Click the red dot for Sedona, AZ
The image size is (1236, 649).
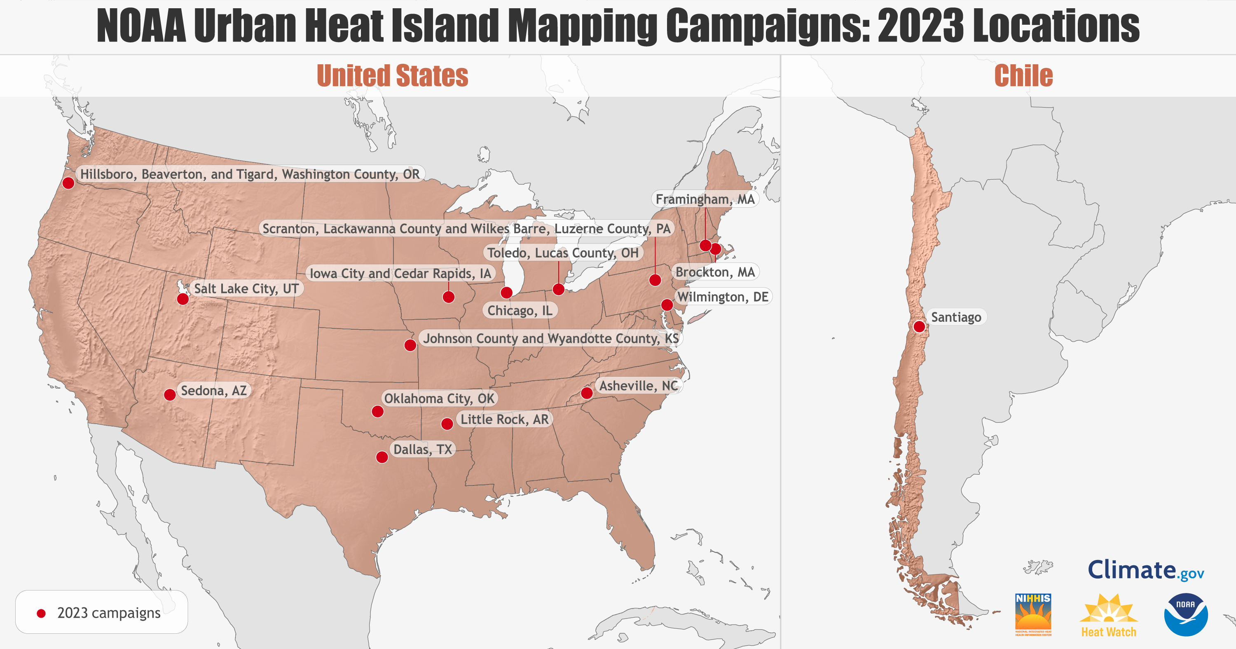(170, 395)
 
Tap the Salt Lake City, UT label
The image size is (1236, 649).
(246, 288)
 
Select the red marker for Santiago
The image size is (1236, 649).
(919, 326)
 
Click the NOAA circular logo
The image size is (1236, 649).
(1186, 614)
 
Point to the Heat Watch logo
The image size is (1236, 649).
(1108, 615)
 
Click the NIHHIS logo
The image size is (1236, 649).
(1033, 614)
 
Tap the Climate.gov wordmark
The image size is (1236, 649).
(1146, 570)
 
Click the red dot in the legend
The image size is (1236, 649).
(41, 613)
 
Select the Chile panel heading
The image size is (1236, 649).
(1023, 76)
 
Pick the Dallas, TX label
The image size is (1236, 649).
(423, 449)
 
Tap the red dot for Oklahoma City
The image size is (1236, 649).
(378, 411)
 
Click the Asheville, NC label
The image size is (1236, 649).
(638, 385)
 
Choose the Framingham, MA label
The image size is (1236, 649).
(705, 199)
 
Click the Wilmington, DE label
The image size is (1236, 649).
(723, 297)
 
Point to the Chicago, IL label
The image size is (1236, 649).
(520, 311)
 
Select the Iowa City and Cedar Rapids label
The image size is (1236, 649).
(400, 273)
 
